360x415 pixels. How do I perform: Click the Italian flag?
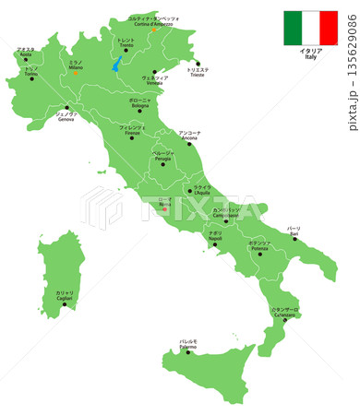coord(310,28)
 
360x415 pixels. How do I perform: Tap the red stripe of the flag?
coord(329,28)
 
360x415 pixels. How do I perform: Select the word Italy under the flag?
coord(310,57)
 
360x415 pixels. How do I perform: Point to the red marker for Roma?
coord(165,208)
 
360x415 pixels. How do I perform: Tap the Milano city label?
coord(76,67)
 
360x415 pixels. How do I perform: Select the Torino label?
coord(30,73)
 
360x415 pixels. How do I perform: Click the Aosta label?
coord(26,54)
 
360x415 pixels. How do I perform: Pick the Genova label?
coord(66,117)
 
